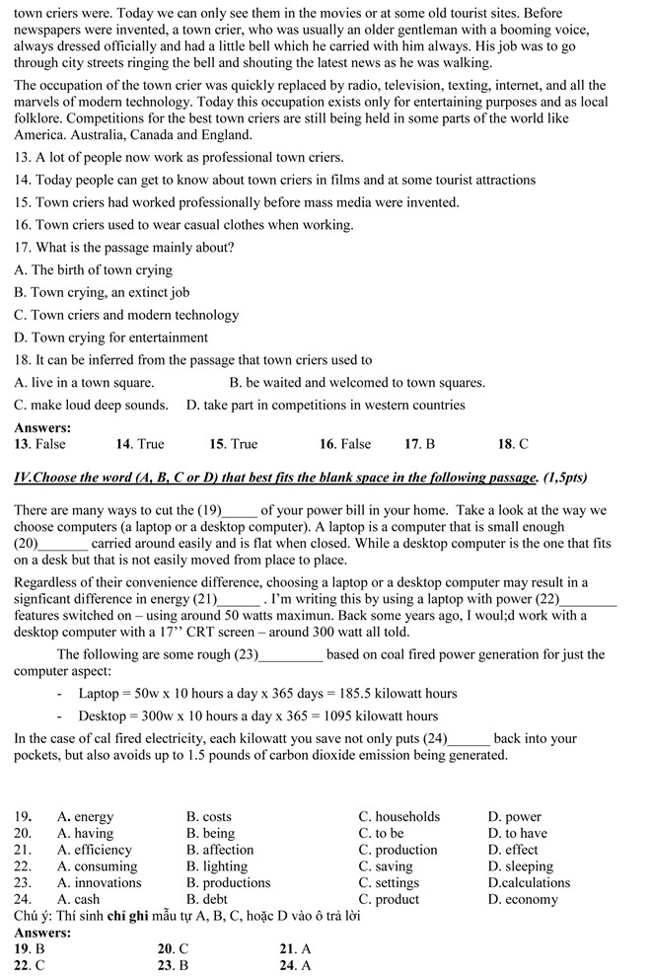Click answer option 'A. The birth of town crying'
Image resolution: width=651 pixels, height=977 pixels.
coord(93,270)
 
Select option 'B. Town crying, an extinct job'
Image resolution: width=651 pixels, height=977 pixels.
coord(102,293)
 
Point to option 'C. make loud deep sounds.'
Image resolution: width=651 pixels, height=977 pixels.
coord(91,406)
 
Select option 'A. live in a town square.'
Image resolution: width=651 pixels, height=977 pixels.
coord(84,383)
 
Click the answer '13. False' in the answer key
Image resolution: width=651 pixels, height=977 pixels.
coord(39,445)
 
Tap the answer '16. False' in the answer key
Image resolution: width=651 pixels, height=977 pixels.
coord(344,445)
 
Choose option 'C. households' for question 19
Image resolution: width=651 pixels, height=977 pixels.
coord(399,817)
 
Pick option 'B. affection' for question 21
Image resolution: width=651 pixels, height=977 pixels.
coord(220,850)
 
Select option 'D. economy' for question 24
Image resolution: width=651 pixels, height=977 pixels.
coord(522,900)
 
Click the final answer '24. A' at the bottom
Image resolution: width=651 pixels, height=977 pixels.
coord(296,966)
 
